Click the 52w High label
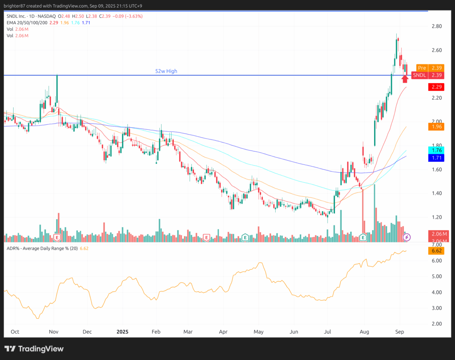click(x=166, y=71)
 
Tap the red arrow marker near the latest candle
click(x=405, y=78)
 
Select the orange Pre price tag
click(x=422, y=68)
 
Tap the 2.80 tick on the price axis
click(x=436, y=26)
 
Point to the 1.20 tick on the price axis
click(x=436, y=217)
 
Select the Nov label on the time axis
click(x=54, y=331)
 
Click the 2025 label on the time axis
click(x=122, y=331)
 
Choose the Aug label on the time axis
click(x=364, y=331)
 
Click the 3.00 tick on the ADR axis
click(x=436, y=308)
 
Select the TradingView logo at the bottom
click(x=34, y=349)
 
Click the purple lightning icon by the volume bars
click(x=407, y=237)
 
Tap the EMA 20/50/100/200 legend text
click(x=26, y=23)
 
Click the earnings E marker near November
click(x=57, y=237)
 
